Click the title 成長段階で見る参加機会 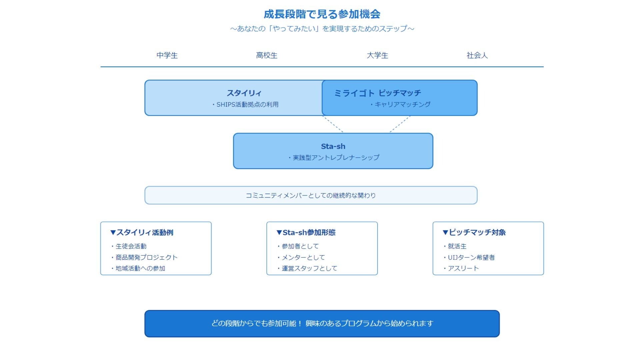(x=322, y=14)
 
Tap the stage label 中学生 (x=167, y=55)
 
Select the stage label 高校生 (x=267, y=55)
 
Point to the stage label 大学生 (x=377, y=55)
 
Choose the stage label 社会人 (x=477, y=55)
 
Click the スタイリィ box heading (x=244, y=93)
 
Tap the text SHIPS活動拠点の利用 (x=247, y=105)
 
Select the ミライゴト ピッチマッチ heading (x=378, y=93)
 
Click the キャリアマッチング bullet (x=402, y=105)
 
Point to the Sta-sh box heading (x=333, y=146)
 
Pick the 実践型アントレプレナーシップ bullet (x=336, y=158)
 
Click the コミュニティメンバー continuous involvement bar (x=311, y=195)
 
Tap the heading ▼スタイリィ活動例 (x=142, y=232)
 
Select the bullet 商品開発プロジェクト (x=146, y=257)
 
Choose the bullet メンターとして (x=303, y=257)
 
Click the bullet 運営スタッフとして (x=309, y=268)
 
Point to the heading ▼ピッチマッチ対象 (x=474, y=232)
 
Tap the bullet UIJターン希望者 (x=471, y=257)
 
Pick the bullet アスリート (x=463, y=268)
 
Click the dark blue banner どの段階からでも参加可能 (x=322, y=323)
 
